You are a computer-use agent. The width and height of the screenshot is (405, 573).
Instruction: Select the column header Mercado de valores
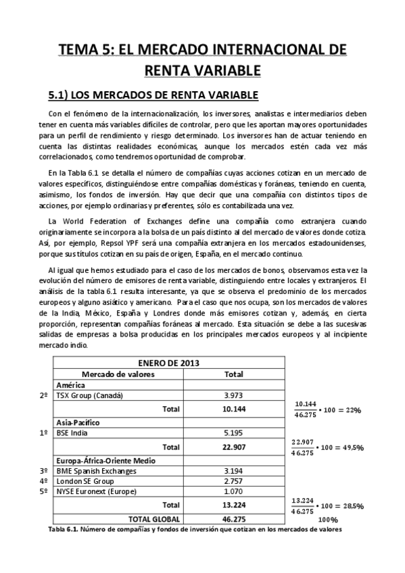(118, 374)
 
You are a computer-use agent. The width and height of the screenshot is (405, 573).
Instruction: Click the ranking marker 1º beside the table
(43, 432)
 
